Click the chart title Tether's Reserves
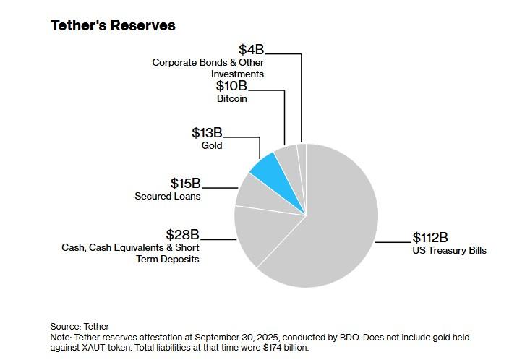click(x=113, y=25)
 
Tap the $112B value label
click(x=430, y=238)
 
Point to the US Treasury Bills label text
click(x=450, y=251)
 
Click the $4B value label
click(x=252, y=50)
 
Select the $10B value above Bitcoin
click(x=231, y=86)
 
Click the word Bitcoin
click(x=232, y=98)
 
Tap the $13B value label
click(x=207, y=133)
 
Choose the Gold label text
click(x=212, y=145)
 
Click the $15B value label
click(x=186, y=184)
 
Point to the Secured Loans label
click(x=168, y=196)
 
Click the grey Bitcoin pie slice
click(x=289, y=159)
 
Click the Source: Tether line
click(x=80, y=327)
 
